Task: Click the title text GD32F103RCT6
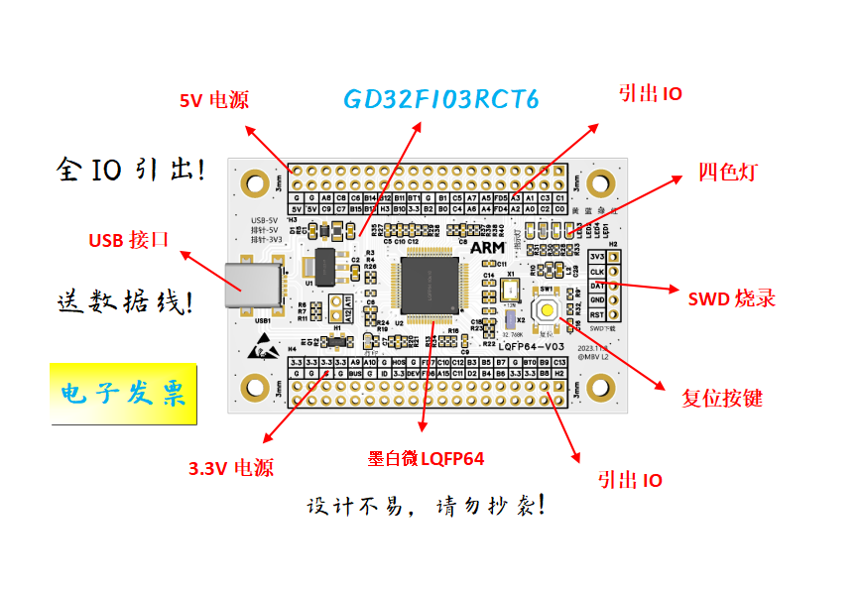pos(441,100)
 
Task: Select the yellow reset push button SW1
pos(548,309)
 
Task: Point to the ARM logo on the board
pos(486,245)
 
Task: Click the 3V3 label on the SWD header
pos(597,257)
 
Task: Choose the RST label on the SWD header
pos(597,313)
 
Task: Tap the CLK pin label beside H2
pos(597,271)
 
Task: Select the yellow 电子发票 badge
pos(124,395)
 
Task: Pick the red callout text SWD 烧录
pos(731,298)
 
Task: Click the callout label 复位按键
pos(722,399)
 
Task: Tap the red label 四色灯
pos(727,172)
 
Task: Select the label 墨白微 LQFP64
pos(426,458)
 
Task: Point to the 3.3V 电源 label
pos(230,468)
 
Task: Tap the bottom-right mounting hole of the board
pos(599,389)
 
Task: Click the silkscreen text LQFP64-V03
pos(533,345)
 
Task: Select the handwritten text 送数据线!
pos(124,301)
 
